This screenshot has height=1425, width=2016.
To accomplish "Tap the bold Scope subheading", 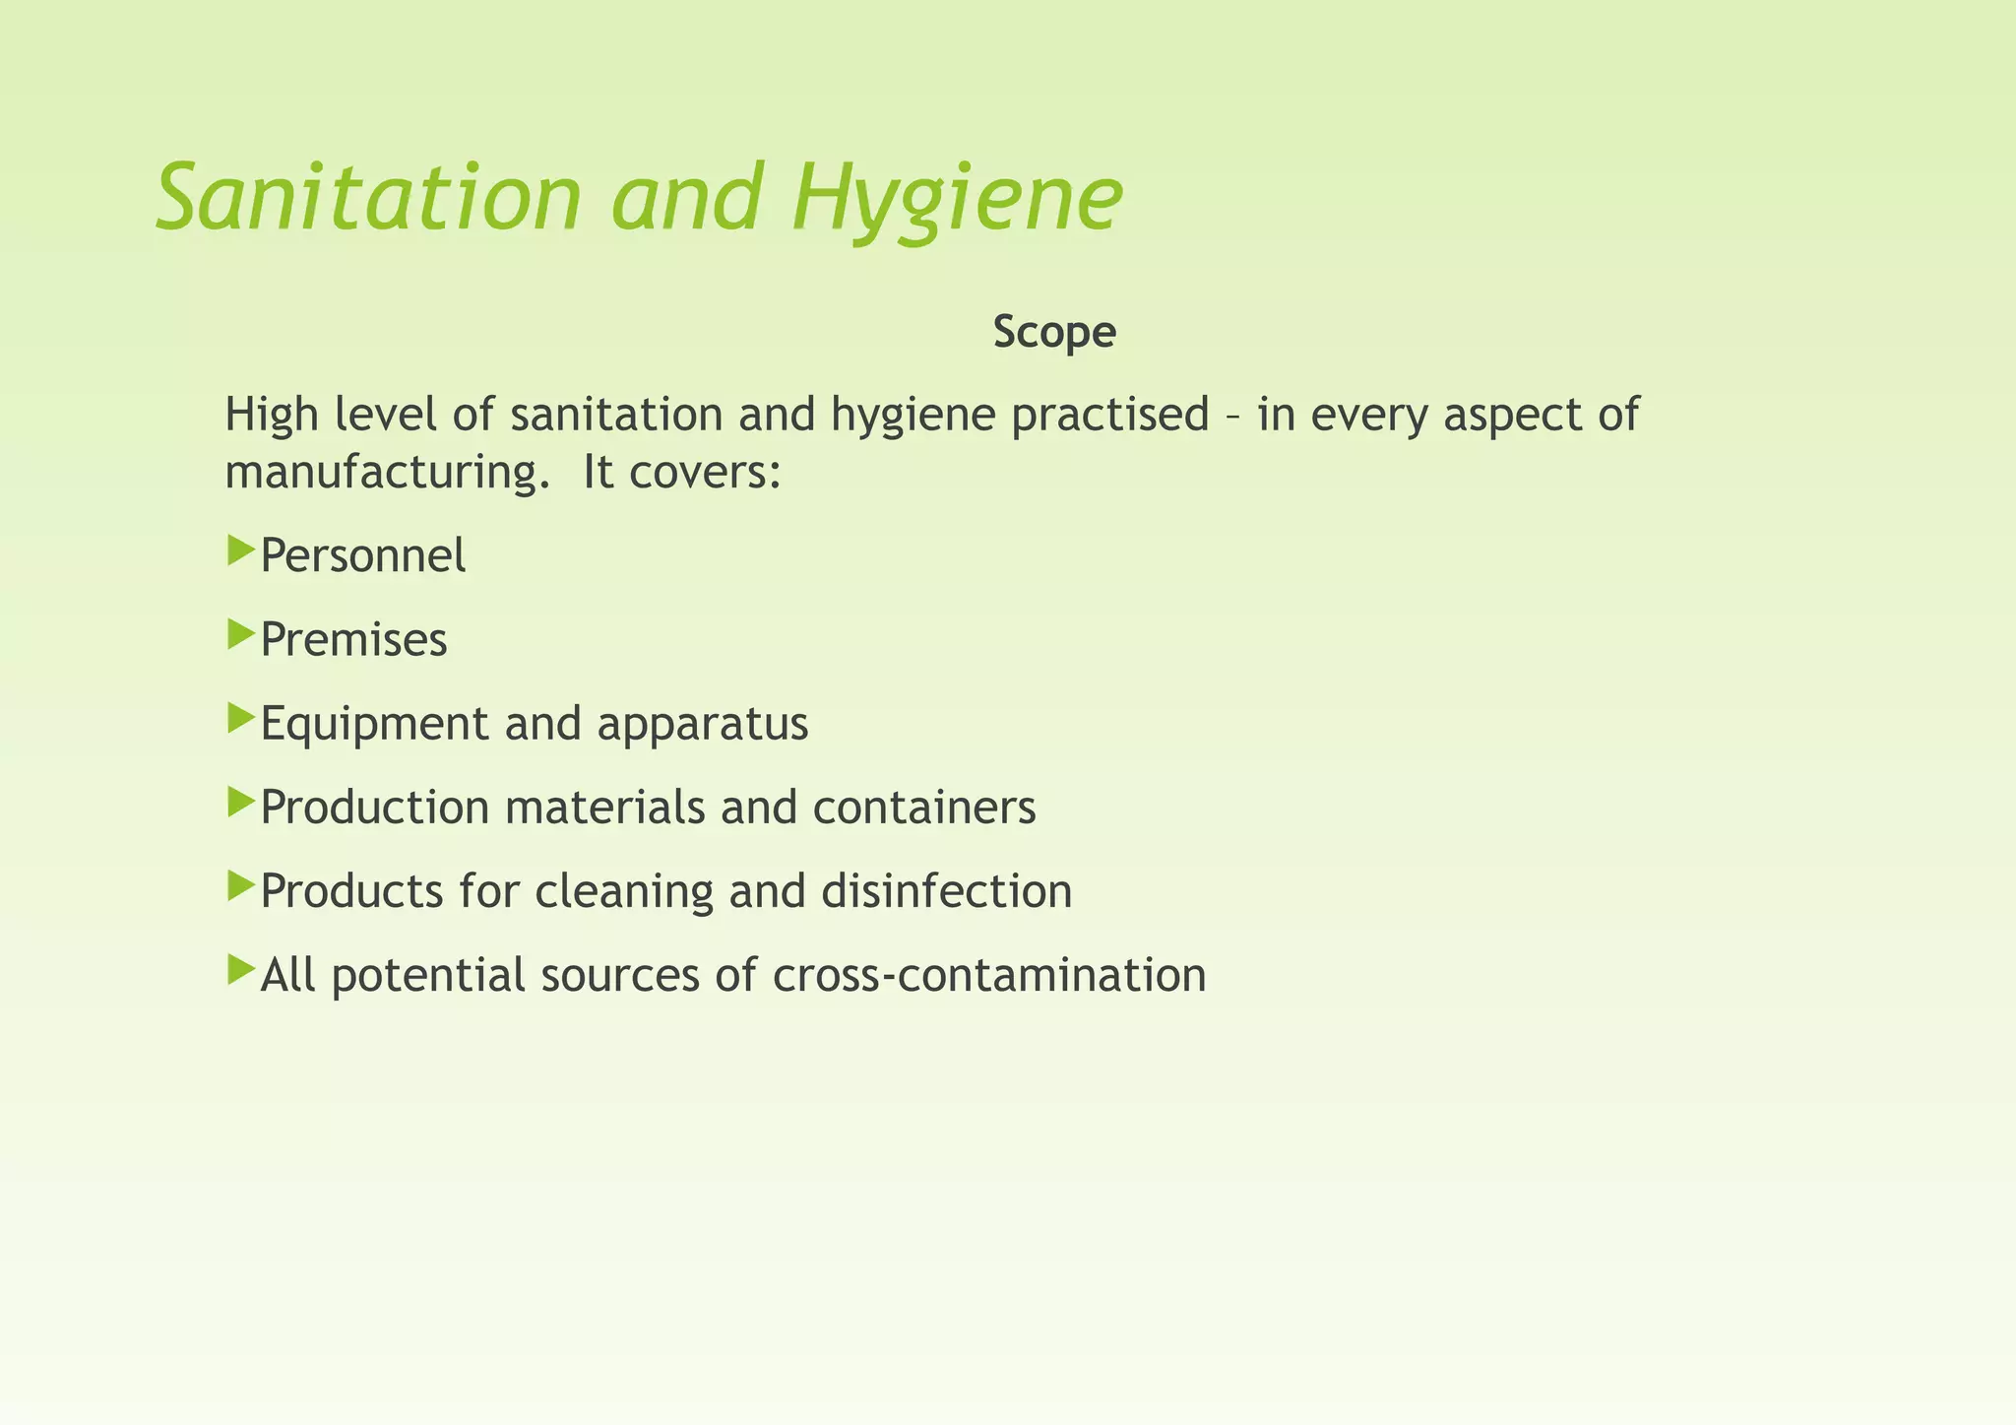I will (x=1054, y=332).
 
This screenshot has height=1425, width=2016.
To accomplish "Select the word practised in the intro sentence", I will (x=1109, y=414).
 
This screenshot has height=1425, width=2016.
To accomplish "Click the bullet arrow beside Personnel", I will (x=240, y=551).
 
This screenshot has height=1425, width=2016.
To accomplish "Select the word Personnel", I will (x=363, y=555).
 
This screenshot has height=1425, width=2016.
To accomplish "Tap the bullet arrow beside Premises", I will (x=240, y=634).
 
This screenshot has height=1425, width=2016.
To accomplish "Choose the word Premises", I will (x=354, y=639).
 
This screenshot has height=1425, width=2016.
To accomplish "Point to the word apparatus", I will (x=703, y=724).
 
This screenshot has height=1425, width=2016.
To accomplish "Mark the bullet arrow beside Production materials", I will (x=240, y=802).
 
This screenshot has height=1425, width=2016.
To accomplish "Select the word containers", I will (x=924, y=808).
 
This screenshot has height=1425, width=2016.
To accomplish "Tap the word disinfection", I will (x=946, y=891).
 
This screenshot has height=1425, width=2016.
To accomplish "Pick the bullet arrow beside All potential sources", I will (x=240, y=970).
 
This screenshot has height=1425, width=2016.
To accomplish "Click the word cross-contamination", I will (x=989, y=975).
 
